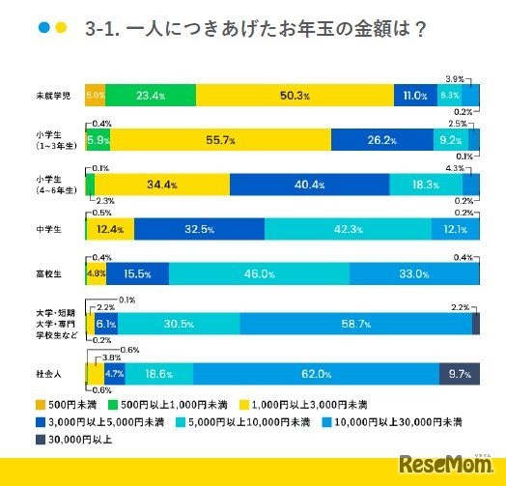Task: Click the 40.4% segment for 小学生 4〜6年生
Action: [309, 185]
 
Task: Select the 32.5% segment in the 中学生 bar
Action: [199, 229]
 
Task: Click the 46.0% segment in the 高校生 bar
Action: [255, 273]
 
